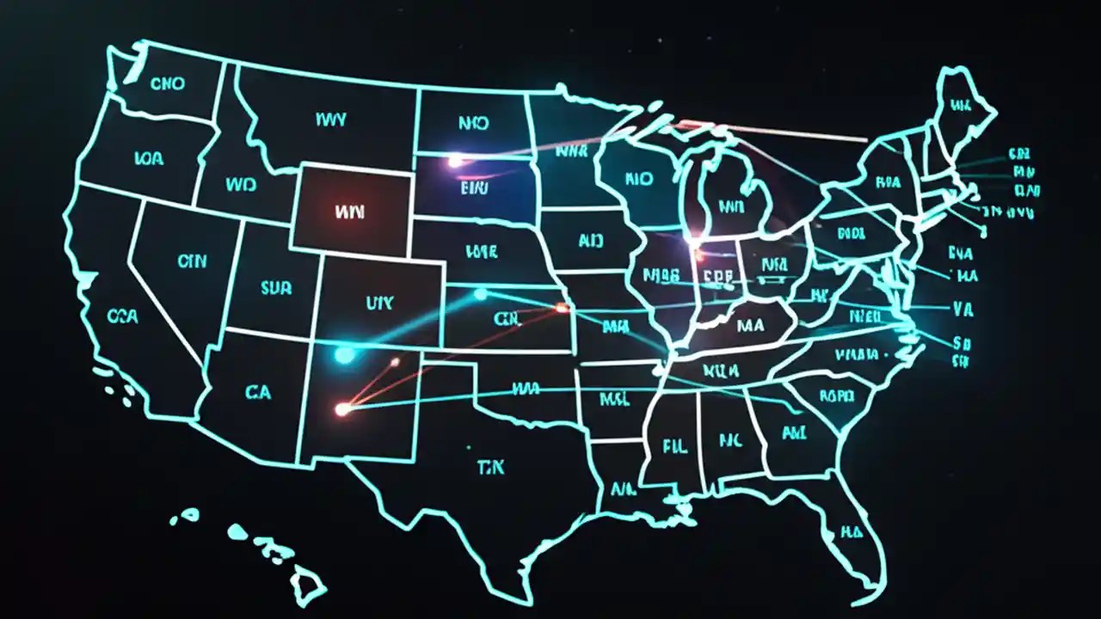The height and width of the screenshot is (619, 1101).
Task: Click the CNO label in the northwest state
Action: pyautogui.click(x=167, y=84)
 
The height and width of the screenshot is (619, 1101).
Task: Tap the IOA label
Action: pyautogui.click(x=148, y=157)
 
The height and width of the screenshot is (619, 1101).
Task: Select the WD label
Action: pyautogui.click(x=241, y=185)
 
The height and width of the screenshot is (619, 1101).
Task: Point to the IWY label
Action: pyautogui.click(x=331, y=120)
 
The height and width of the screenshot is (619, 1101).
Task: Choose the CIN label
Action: pyautogui.click(x=192, y=261)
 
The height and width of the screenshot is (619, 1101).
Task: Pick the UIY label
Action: pyautogui.click(x=378, y=303)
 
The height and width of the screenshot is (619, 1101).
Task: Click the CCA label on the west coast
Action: pyautogui.click(x=123, y=316)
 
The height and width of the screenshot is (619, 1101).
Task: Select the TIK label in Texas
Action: pyautogui.click(x=490, y=467)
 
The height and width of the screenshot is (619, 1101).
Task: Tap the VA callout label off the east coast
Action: pyautogui.click(x=963, y=307)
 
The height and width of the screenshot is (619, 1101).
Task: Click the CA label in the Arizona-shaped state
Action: pyautogui.click(x=257, y=392)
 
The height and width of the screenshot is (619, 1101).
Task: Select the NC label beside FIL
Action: pyautogui.click(x=729, y=441)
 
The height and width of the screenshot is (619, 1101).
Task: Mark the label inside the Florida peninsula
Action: pyautogui.click(x=851, y=531)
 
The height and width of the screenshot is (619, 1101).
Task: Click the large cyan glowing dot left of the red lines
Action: pyautogui.click(x=344, y=354)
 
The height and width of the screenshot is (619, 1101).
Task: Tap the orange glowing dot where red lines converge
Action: pyautogui.click(x=342, y=409)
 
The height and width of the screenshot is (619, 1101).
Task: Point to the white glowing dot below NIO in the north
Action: pyautogui.click(x=454, y=161)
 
